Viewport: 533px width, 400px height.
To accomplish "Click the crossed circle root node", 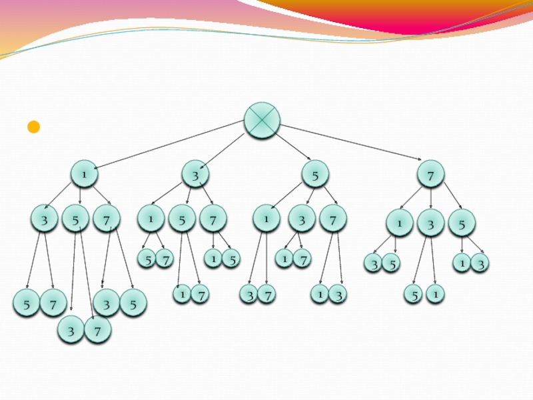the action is (x=262, y=121).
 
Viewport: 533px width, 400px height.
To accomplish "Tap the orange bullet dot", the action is (x=33, y=127).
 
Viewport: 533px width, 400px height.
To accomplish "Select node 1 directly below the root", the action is (x=85, y=174).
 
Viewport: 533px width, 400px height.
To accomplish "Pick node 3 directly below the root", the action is (x=195, y=175).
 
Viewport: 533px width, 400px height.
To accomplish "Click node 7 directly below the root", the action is (x=431, y=175).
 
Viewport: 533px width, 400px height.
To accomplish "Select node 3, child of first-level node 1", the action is (x=45, y=219).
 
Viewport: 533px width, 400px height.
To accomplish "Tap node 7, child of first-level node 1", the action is (x=107, y=219).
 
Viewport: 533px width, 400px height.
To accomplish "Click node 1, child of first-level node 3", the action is (x=151, y=218).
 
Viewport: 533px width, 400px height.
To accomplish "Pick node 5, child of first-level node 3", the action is (x=181, y=219).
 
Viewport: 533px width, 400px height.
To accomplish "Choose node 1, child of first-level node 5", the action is (x=266, y=218).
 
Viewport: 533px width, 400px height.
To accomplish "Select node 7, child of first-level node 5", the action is (x=332, y=219).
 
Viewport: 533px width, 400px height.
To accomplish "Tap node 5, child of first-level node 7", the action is (x=461, y=223).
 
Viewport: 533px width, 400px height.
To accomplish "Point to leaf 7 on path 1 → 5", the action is (x=97, y=329).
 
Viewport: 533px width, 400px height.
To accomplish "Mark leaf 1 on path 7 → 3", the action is (x=435, y=293).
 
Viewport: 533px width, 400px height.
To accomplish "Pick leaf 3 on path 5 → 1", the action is (x=249, y=293).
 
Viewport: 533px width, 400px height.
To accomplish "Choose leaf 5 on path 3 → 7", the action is (x=231, y=259).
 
